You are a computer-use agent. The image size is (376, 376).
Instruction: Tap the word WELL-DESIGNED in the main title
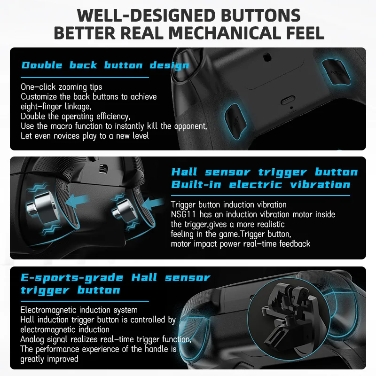146,16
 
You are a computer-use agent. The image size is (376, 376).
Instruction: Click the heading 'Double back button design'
105,65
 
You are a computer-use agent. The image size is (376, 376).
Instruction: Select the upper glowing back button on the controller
336,72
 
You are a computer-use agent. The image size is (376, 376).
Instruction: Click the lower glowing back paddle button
235,122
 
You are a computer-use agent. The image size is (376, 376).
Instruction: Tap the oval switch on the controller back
288,100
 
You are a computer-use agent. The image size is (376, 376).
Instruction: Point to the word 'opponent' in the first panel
190,126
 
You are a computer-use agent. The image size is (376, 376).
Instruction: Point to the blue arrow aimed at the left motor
76,201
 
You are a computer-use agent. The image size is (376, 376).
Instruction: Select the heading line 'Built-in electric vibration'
261,185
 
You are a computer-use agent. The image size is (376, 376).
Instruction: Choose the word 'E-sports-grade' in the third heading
72,278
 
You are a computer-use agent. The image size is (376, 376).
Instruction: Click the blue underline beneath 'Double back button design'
85,78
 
